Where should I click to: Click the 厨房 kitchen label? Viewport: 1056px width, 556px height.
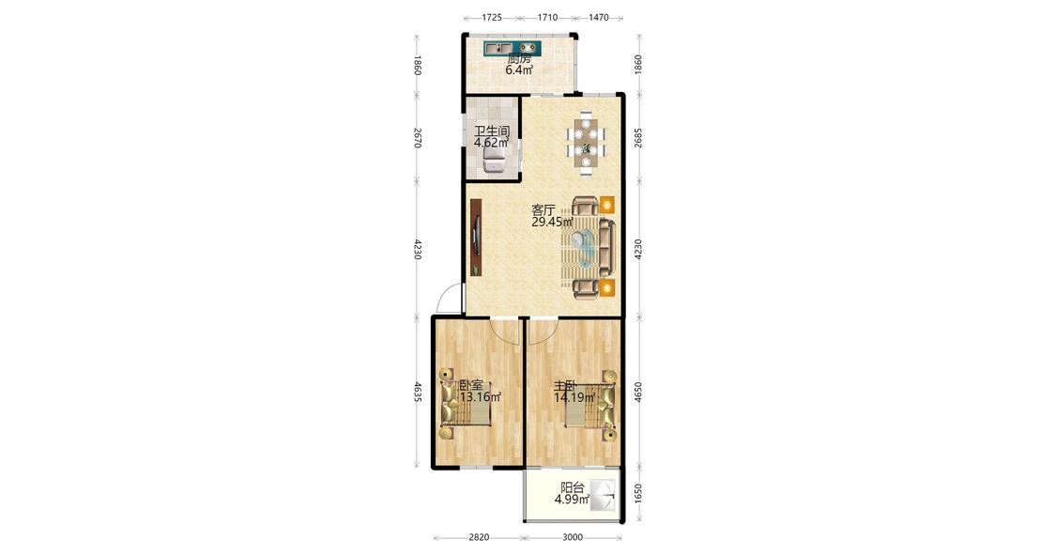(518, 58)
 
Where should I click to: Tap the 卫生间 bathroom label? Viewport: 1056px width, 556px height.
(492, 131)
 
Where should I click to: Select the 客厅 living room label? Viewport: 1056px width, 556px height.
(543, 210)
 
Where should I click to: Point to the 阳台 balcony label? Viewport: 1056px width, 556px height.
(572, 488)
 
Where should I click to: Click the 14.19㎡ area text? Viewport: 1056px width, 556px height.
(574, 397)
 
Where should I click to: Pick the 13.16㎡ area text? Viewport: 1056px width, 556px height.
(481, 397)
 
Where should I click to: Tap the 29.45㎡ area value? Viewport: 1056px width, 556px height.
(552, 222)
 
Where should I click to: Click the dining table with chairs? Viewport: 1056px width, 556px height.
(586, 143)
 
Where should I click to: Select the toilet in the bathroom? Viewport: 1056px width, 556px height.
(495, 160)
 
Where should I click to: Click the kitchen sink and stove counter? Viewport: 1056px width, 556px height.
(513, 49)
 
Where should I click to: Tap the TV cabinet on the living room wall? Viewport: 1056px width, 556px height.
(476, 238)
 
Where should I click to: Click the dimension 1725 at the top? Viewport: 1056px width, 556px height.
(492, 18)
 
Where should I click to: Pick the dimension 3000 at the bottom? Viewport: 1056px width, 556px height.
(573, 537)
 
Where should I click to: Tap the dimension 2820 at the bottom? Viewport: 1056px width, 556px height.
(479, 537)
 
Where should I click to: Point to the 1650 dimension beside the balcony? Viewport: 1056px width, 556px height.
(638, 494)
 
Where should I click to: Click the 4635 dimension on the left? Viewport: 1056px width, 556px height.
(418, 393)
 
